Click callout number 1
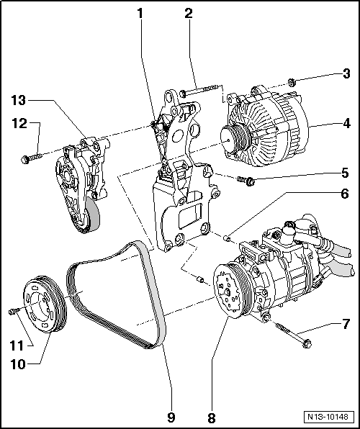[x=141, y=13]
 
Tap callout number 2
[x=189, y=13]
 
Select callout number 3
[x=346, y=73]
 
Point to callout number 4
[x=346, y=123]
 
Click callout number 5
[x=346, y=173]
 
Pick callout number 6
[x=346, y=194]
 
